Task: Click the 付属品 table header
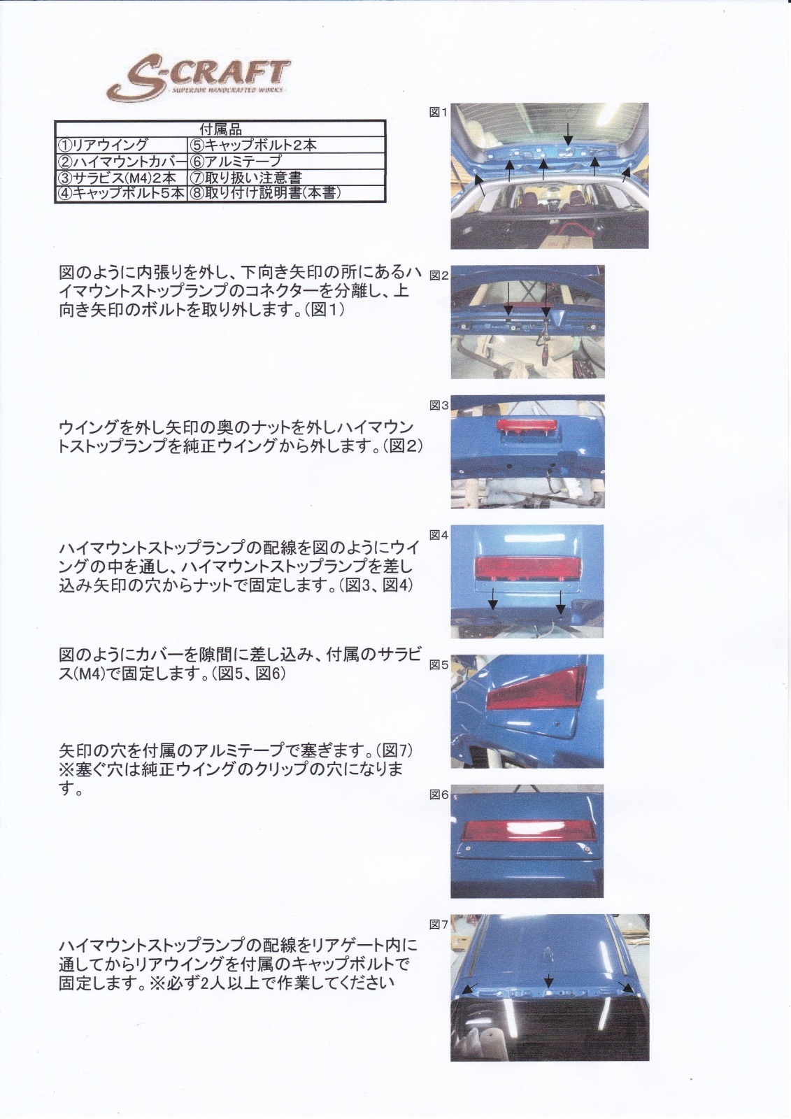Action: tap(220, 129)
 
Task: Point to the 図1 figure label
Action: tap(439, 113)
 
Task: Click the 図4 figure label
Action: tap(439, 535)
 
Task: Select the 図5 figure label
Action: tap(439, 665)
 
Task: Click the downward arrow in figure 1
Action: tap(567, 133)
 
